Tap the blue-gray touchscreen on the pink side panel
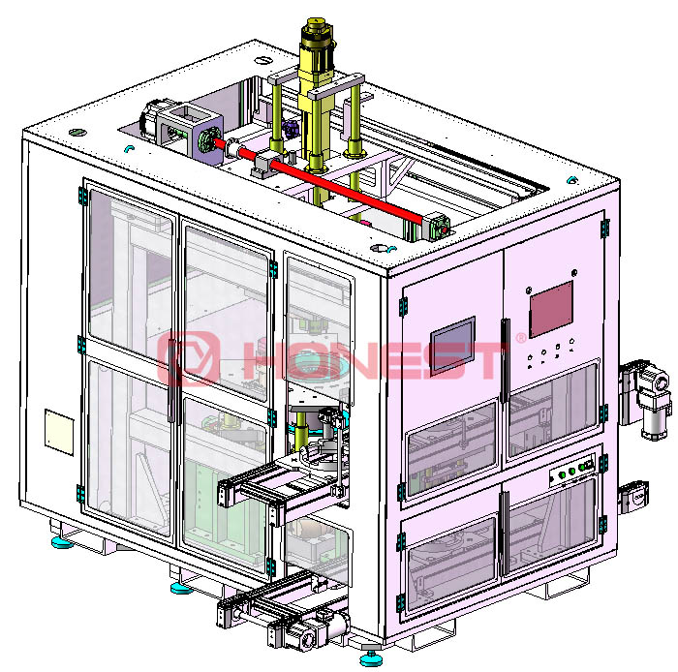[x=452, y=345]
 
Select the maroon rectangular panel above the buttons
[x=551, y=309]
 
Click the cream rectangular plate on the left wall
[x=59, y=432]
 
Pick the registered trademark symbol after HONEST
[x=521, y=338]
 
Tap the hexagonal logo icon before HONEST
[x=187, y=358]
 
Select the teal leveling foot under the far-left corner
[x=62, y=542]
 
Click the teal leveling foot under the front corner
[x=371, y=658]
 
